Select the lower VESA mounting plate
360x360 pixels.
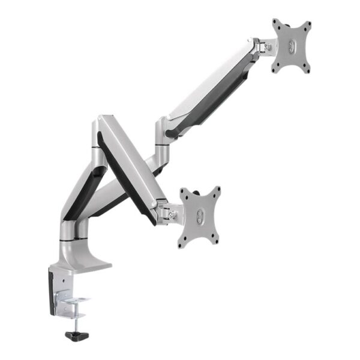199,217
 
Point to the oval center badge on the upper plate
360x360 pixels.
292,47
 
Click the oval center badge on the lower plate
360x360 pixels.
199,217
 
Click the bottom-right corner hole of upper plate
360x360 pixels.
307,69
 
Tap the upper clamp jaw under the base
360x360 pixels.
76,298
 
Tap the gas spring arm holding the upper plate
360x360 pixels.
210,90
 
